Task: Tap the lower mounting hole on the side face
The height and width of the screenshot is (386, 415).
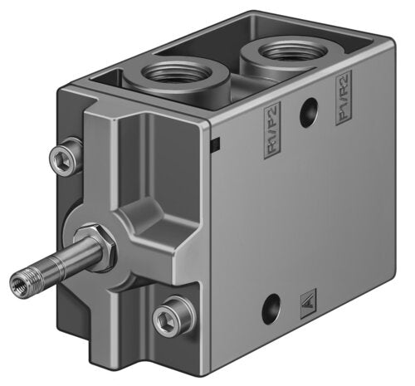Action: pyautogui.click(x=271, y=312)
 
